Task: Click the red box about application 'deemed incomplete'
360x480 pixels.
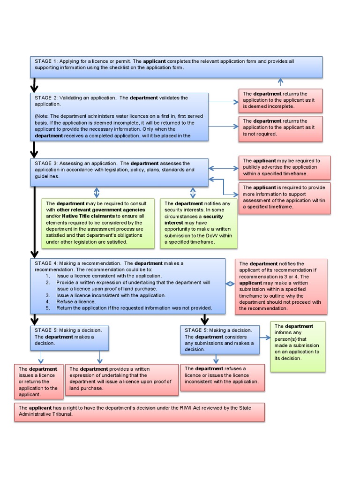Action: (280, 100)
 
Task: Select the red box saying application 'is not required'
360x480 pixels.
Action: (280, 127)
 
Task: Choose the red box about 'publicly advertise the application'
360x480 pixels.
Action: (284, 167)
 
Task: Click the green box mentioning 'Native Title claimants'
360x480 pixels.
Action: (98, 223)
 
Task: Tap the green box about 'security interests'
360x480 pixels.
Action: (199, 223)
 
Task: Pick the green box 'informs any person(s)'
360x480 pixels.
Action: (298, 346)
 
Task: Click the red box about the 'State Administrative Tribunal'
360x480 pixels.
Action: (139, 412)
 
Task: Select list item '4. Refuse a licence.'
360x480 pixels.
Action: (76, 302)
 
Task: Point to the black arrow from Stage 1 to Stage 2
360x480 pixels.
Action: (34, 86)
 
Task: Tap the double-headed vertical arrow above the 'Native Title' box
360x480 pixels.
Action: (97, 193)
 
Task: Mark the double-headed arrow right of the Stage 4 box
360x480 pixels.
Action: (230, 284)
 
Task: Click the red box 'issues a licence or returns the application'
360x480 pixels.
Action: (38, 382)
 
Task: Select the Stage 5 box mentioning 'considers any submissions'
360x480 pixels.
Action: (219, 340)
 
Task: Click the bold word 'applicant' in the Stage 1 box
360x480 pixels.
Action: (154, 61)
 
